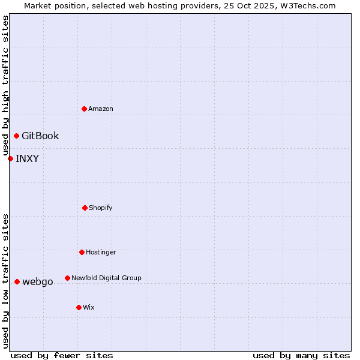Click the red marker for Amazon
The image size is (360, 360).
(x=84, y=109)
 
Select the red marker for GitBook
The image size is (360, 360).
(x=16, y=136)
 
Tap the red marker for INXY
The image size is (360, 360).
(x=10, y=158)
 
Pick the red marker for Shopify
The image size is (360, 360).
(x=85, y=208)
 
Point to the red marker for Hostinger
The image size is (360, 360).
(x=82, y=252)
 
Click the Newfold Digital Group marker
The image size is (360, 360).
(x=67, y=278)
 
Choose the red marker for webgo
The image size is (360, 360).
(x=17, y=281)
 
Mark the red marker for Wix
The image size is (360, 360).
(x=79, y=307)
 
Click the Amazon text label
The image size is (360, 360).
(x=101, y=109)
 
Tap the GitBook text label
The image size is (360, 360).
(x=40, y=136)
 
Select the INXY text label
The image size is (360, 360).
(x=27, y=158)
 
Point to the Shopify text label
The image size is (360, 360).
(x=101, y=208)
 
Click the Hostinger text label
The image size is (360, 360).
(x=101, y=252)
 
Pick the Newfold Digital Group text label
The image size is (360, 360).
(x=106, y=278)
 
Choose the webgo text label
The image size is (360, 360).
(x=38, y=281)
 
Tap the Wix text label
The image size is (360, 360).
(x=89, y=307)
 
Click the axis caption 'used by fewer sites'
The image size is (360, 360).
(x=62, y=355)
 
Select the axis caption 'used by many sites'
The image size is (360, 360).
(x=301, y=355)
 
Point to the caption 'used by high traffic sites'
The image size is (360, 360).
(x=5, y=85)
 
